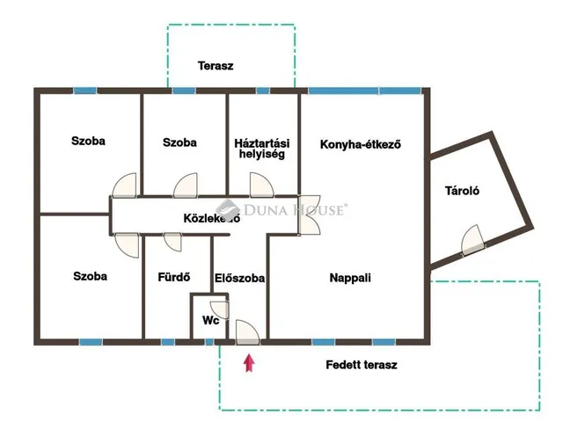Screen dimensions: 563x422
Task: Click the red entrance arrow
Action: (249, 363)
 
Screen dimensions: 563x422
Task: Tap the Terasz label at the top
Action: (216, 66)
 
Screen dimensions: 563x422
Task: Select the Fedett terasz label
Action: (362, 365)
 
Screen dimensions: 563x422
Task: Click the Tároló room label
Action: (462, 191)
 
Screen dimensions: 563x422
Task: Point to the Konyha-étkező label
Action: (361, 144)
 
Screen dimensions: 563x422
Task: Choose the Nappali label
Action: (350, 278)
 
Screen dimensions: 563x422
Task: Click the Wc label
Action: (211, 320)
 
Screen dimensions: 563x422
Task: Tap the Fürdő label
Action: (174, 277)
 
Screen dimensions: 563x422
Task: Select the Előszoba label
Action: (239, 278)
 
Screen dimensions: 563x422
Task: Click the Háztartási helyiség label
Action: (262, 149)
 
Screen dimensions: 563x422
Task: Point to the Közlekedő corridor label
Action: (211, 218)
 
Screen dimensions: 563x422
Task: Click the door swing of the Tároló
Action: (472, 239)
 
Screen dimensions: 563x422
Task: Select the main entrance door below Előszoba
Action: (247, 332)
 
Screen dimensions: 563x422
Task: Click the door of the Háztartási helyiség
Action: (262, 185)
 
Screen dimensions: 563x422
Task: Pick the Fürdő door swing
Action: (172, 243)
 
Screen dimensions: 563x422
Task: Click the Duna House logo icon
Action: (228, 208)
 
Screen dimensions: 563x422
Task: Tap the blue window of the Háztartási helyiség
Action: (263, 91)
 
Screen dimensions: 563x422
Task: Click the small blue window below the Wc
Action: (209, 342)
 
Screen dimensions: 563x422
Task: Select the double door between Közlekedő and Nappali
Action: (309, 215)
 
